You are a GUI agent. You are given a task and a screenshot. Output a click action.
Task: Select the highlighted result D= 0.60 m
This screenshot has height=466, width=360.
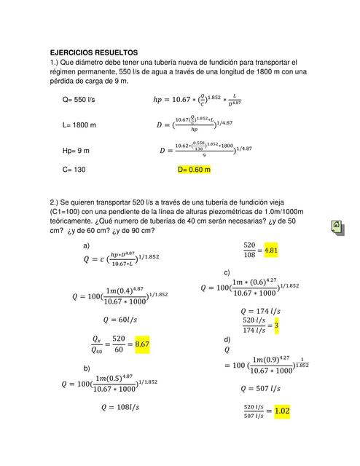coord(194,170)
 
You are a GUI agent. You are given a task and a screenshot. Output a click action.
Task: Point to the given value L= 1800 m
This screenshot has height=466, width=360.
coord(79,125)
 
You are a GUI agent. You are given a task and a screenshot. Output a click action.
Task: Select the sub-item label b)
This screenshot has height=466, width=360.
coord(87,368)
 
